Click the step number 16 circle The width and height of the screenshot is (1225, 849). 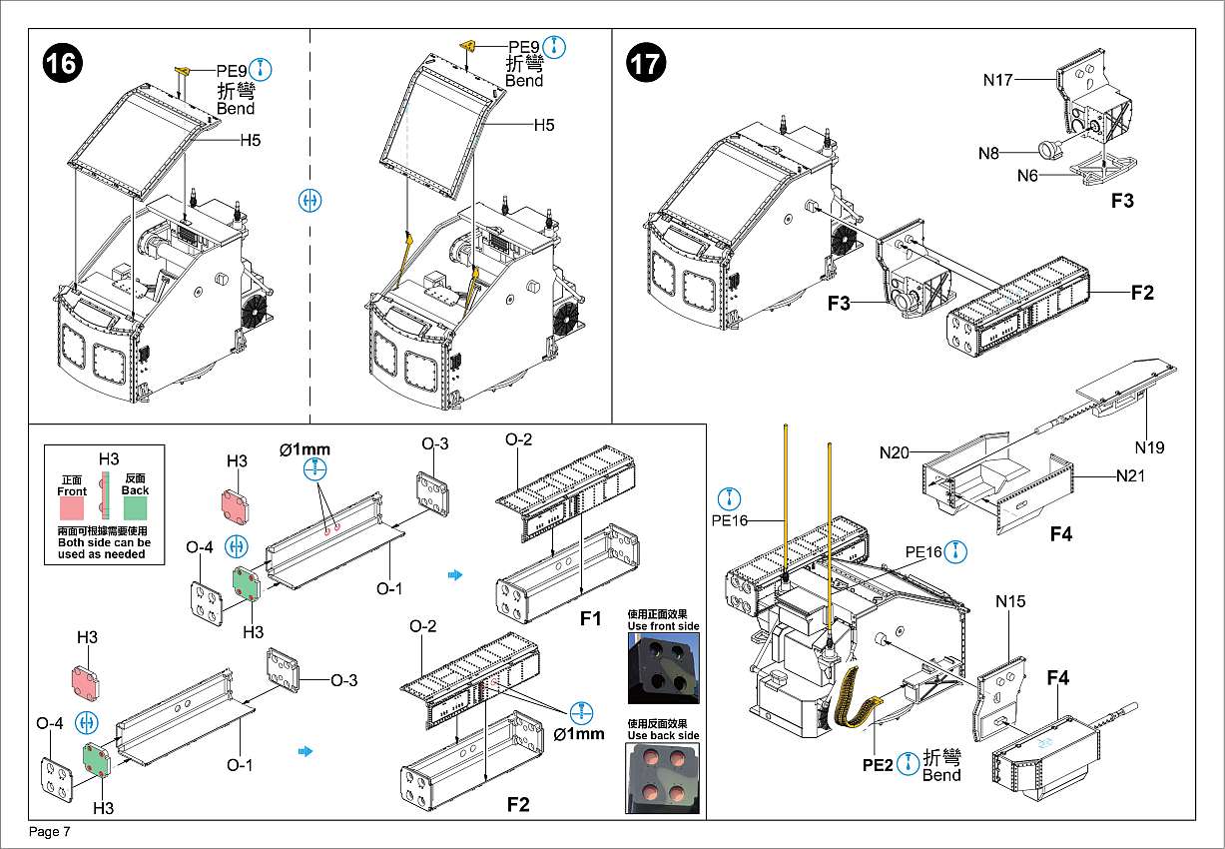pyautogui.click(x=60, y=64)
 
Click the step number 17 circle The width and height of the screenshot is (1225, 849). pyautogui.click(x=644, y=64)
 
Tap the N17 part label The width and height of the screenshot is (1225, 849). pyautogui.click(x=998, y=80)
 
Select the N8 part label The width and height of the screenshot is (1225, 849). pyautogui.click(x=988, y=153)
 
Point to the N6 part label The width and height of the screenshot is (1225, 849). pyautogui.click(x=1028, y=176)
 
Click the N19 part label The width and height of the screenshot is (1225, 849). pyautogui.click(x=1148, y=447)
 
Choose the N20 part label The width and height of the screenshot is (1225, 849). pyautogui.click(x=895, y=452)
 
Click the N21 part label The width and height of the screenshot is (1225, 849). pyautogui.click(x=1130, y=475)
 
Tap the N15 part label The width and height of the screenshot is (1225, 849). pyautogui.click(x=1010, y=601)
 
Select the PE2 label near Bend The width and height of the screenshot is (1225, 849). pyautogui.click(x=879, y=766)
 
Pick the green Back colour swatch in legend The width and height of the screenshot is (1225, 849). pyautogui.click(x=135, y=506)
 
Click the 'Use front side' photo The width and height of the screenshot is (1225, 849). pyautogui.click(x=663, y=670)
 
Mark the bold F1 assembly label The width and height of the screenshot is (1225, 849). pyautogui.click(x=591, y=619)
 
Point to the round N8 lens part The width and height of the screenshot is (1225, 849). pyautogui.click(x=1047, y=150)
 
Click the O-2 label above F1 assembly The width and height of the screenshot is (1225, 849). pyautogui.click(x=518, y=439)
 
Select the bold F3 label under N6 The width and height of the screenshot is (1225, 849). pyautogui.click(x=1122, y=201)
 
